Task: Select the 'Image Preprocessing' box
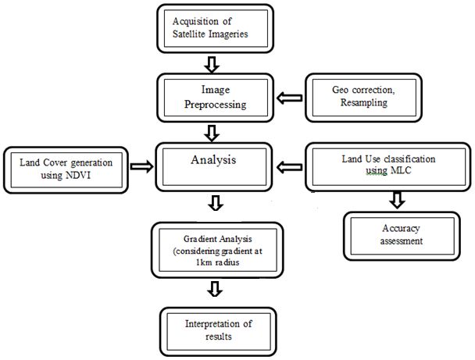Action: pyautogui.click(x=215, y=94)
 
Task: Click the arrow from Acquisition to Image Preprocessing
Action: pyautogui.click(x=215, y=62)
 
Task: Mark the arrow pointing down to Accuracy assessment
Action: pyautogui.click(x=396, y=201)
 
